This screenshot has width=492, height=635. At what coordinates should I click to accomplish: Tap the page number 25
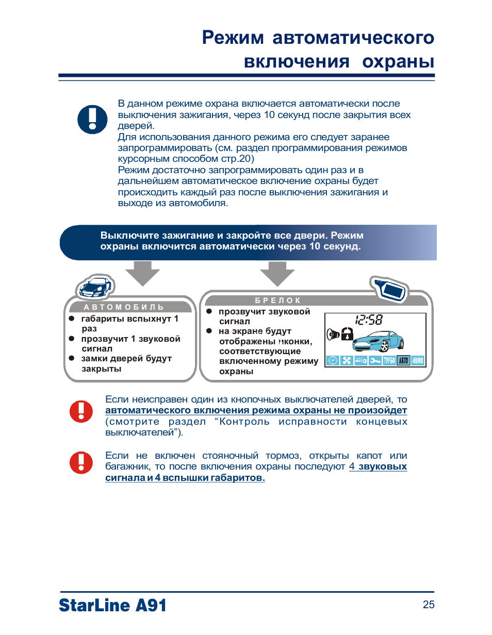(x=428, y=605)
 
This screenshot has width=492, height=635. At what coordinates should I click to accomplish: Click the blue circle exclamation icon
(x=92, y=119)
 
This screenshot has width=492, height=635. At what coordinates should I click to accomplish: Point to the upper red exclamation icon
(x=81, y=411)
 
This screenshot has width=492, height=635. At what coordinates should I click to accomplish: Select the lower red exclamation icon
(x=81, y=462)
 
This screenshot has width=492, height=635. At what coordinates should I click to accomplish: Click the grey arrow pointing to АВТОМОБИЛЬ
(x=143, y=273)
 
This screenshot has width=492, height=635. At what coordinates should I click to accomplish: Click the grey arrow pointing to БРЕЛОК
(x=277, y=273)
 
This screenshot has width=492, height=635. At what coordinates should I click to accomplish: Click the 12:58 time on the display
(x=369, y=320)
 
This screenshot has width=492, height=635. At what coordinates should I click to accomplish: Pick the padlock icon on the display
(x=347, y=333)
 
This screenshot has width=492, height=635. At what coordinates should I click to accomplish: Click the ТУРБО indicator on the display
(x=388, y=360)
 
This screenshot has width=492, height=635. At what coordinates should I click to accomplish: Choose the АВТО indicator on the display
(x=403, y=360)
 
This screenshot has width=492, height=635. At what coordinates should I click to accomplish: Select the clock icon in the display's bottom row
(x=332, y=360)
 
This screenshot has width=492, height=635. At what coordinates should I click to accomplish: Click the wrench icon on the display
(x=375, y=360)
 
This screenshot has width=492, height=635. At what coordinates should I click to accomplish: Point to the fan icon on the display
(x=347, y=360)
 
